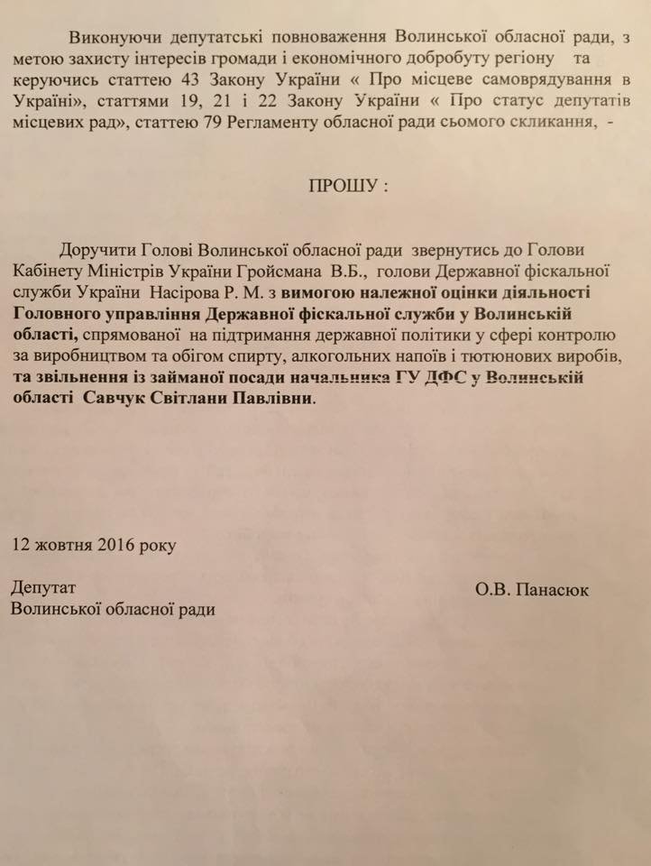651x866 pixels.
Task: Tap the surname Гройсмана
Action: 314,271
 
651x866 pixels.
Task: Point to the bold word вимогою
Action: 322,293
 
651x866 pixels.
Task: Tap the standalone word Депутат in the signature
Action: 43,587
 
